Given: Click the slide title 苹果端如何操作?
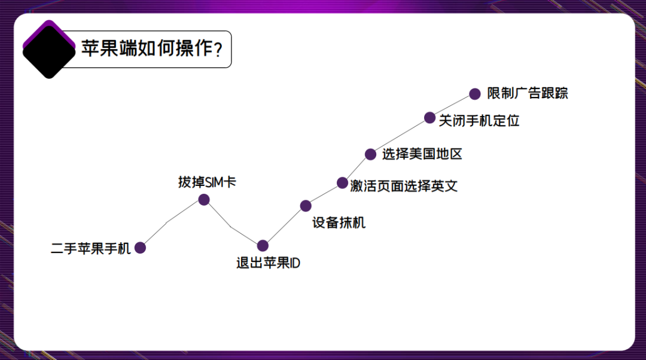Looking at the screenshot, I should [x=152, y=48].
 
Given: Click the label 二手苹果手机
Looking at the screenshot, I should [x=90, y=248].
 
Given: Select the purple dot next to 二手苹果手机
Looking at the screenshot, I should [x=140, y=248].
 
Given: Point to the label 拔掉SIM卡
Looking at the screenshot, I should [x=207, y=182].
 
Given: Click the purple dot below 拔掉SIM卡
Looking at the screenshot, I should [x=204, y=200].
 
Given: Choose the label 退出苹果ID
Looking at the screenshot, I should [x=268, y=263].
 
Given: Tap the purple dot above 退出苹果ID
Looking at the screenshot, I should [x=263, y=246].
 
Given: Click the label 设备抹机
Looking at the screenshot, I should [x=339, y=223].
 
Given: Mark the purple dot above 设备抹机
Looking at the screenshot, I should [x=306, y=206].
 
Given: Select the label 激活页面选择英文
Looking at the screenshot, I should [x=404, y=186].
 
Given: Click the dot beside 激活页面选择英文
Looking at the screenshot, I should [x=342, y=182].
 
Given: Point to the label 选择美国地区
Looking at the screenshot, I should [x=422, y=154].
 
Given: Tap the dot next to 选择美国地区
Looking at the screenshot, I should [x=371, y=154].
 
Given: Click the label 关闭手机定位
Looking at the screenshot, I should [x=479, y=120].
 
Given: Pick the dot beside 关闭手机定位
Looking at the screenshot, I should [x=429, y=117].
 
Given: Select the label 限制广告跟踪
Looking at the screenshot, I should [x=528, y=93].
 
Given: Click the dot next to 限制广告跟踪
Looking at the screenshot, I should [x=475, y=93].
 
